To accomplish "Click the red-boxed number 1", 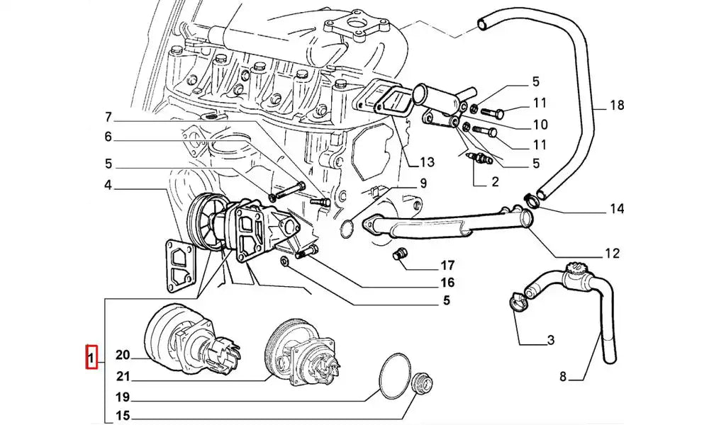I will coord(91,357).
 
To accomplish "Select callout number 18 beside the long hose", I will coord(616,106).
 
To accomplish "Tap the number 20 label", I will coord(122,356).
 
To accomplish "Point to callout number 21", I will coord(122,375).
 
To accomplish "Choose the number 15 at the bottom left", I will coord(122,416).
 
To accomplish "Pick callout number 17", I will coord(447,266).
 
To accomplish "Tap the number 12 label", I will coord(612,253).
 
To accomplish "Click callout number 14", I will coord(616,208).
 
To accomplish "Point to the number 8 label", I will coord(562,377).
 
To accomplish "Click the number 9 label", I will coord(423,183).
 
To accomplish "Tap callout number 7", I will coord(108,117).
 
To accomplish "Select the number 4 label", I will coord(108,186).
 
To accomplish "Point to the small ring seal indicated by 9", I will coord(347,228).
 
